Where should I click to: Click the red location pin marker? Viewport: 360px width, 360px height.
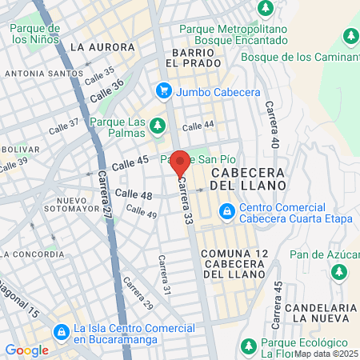tap(180, 162)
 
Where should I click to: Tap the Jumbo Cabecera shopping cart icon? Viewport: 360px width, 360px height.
tap(164, 91)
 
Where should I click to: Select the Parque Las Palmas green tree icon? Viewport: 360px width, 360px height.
tap(158, 125)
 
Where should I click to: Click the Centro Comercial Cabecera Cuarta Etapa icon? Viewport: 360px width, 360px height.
tap(227, 211)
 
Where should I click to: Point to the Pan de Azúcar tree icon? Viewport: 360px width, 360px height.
tap(339, 271)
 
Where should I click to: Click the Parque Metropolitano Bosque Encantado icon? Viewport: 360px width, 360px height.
tap(266, 8)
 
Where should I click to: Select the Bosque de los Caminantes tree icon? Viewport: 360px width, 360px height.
tap(350, 36)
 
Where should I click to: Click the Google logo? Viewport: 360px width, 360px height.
tap(26, 350)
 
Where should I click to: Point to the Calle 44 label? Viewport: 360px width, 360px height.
tap(198, 126)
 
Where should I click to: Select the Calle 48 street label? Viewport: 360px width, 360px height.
tap(134, 194)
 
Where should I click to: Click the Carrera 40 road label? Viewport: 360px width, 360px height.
tap(274, 125)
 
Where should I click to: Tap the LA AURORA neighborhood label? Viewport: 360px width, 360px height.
tap(99, 47)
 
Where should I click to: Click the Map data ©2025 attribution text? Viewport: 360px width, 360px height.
tap(326, 353)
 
